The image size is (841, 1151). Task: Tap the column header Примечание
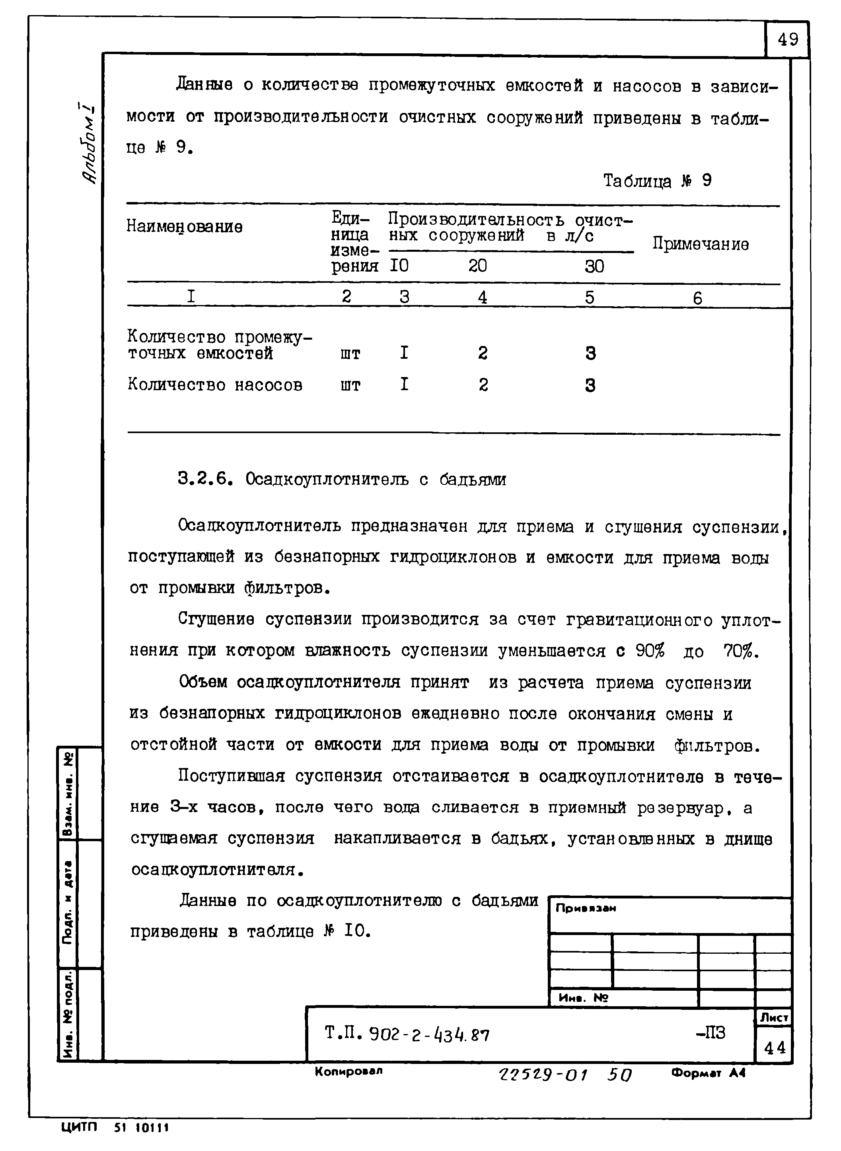[701, 244]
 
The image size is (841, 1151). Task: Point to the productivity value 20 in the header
[477, 266]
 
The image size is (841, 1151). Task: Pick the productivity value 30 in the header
[594, 266]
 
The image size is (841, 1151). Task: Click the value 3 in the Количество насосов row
[590, 386]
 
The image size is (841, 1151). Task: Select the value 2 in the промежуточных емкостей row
[483, 353]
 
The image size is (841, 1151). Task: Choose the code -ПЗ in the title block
[710, 1033]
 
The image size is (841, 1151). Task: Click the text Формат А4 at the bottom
[708, 1073]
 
